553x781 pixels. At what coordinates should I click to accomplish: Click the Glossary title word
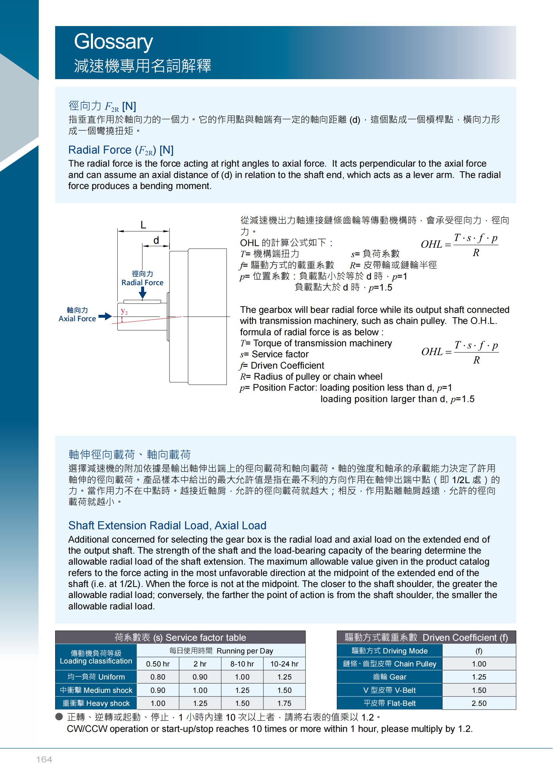(113, 41)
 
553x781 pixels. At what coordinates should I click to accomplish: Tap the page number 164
(44, 760)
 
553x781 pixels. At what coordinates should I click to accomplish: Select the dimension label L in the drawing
(143, 225)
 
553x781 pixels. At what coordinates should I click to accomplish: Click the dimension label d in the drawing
(156, 240)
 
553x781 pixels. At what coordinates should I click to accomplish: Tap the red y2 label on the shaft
(124, 311)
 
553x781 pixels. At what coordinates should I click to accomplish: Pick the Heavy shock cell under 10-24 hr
(284, 703)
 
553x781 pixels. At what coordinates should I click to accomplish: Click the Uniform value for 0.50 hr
(158, 677)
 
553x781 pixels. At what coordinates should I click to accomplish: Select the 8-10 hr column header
(242, 664)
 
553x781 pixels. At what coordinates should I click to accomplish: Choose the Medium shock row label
(96, 690)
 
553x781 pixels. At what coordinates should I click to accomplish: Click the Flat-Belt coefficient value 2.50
(479, 703)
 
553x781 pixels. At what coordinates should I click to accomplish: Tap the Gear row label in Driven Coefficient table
(389, 677)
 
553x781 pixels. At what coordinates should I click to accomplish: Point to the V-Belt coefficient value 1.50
(479, 690)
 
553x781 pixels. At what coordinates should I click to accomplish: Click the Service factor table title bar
(180, 637)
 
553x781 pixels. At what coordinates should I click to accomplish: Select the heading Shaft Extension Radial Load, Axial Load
(167, 526)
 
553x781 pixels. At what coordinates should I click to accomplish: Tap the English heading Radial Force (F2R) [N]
(121, 150)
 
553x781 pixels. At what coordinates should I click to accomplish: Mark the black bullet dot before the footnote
(59, 717)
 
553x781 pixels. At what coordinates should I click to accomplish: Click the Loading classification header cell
(96, 657)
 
